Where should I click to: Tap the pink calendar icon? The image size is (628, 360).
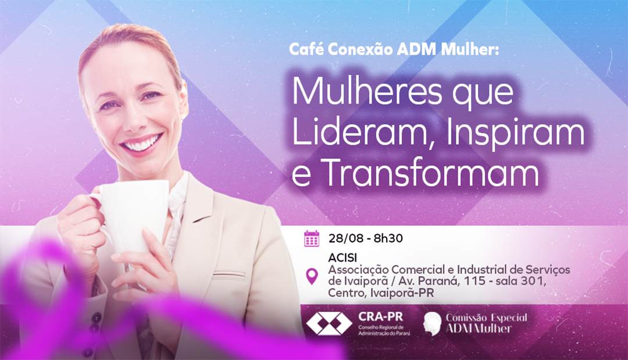coord(312,238)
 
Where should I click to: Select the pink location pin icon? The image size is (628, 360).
coord(312,276)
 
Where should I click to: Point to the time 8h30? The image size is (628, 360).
coord(388,238)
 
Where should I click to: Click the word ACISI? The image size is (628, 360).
coord(342,258)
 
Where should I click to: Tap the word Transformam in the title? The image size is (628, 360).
coord(431,173)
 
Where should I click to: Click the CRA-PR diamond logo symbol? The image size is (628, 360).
coord(329,323)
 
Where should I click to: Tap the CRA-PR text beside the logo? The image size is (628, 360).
coord(380,317)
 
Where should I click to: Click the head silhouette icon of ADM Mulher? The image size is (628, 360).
coord(432,323)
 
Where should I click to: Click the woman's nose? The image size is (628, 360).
coord(136,118)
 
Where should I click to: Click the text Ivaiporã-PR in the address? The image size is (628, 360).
coord(402,293)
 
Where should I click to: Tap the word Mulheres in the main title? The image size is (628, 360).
coord(367,92)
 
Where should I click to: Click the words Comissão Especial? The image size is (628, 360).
coord(487,318)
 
